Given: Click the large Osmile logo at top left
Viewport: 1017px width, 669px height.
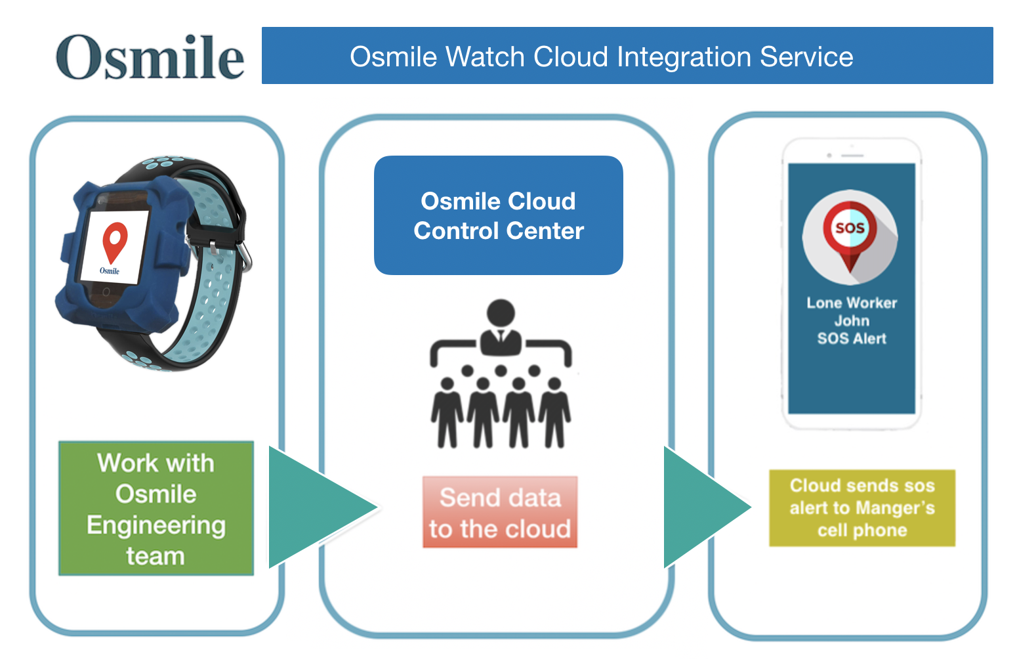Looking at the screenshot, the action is (x=150, y=58).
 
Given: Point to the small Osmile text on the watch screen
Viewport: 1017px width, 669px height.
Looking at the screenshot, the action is (x=110, y=270).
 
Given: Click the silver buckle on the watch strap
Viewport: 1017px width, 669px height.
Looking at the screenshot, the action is (x=245, y=257).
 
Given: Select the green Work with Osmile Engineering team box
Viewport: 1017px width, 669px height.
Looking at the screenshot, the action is (x=156, y=508).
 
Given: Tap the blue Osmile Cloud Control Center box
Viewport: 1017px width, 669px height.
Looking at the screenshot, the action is (x=499, y=215).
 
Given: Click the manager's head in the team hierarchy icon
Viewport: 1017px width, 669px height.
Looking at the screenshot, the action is (x=501, y=313).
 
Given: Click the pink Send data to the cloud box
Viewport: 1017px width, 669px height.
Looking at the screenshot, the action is (x=500, y=512).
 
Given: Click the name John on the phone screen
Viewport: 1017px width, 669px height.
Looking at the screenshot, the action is (x=852, y=320).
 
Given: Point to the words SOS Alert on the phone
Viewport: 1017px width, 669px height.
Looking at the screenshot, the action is (x=852, y=338).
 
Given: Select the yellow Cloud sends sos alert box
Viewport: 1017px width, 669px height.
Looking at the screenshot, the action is (x=862, y=507).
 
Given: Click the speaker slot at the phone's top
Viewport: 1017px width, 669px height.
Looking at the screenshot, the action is (x=852, y=156).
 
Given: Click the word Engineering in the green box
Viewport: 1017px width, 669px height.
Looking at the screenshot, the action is (x=156, y=525).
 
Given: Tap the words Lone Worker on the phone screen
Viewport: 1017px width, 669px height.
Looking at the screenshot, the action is (x=852, y=303).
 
